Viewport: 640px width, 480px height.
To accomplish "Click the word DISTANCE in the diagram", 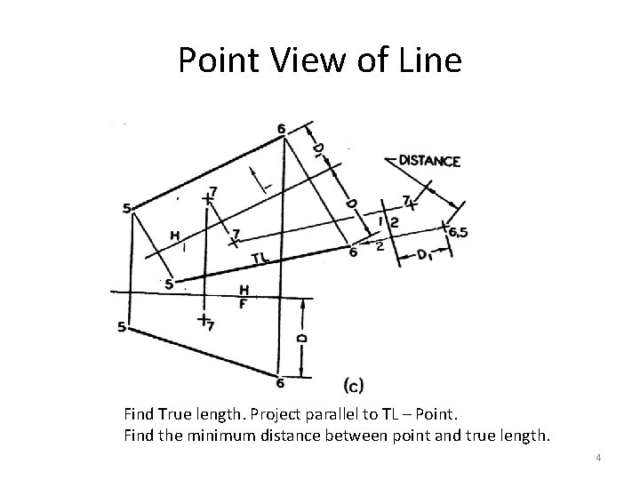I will [x=429, y=161].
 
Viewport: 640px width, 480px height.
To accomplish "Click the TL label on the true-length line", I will [x=260, y=259].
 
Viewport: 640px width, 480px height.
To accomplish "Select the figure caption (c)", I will [x=352, y=384].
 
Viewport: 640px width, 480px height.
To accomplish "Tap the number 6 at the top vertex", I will [x=281, y=130].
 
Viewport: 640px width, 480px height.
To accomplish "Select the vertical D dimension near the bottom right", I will [x=302, y=338].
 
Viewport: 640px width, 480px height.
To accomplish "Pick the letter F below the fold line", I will [x=243, y=303].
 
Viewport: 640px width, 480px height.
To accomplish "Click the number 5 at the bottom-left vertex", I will [x=122, y=328].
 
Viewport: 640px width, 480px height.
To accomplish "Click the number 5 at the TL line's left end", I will [x=168, y=285].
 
